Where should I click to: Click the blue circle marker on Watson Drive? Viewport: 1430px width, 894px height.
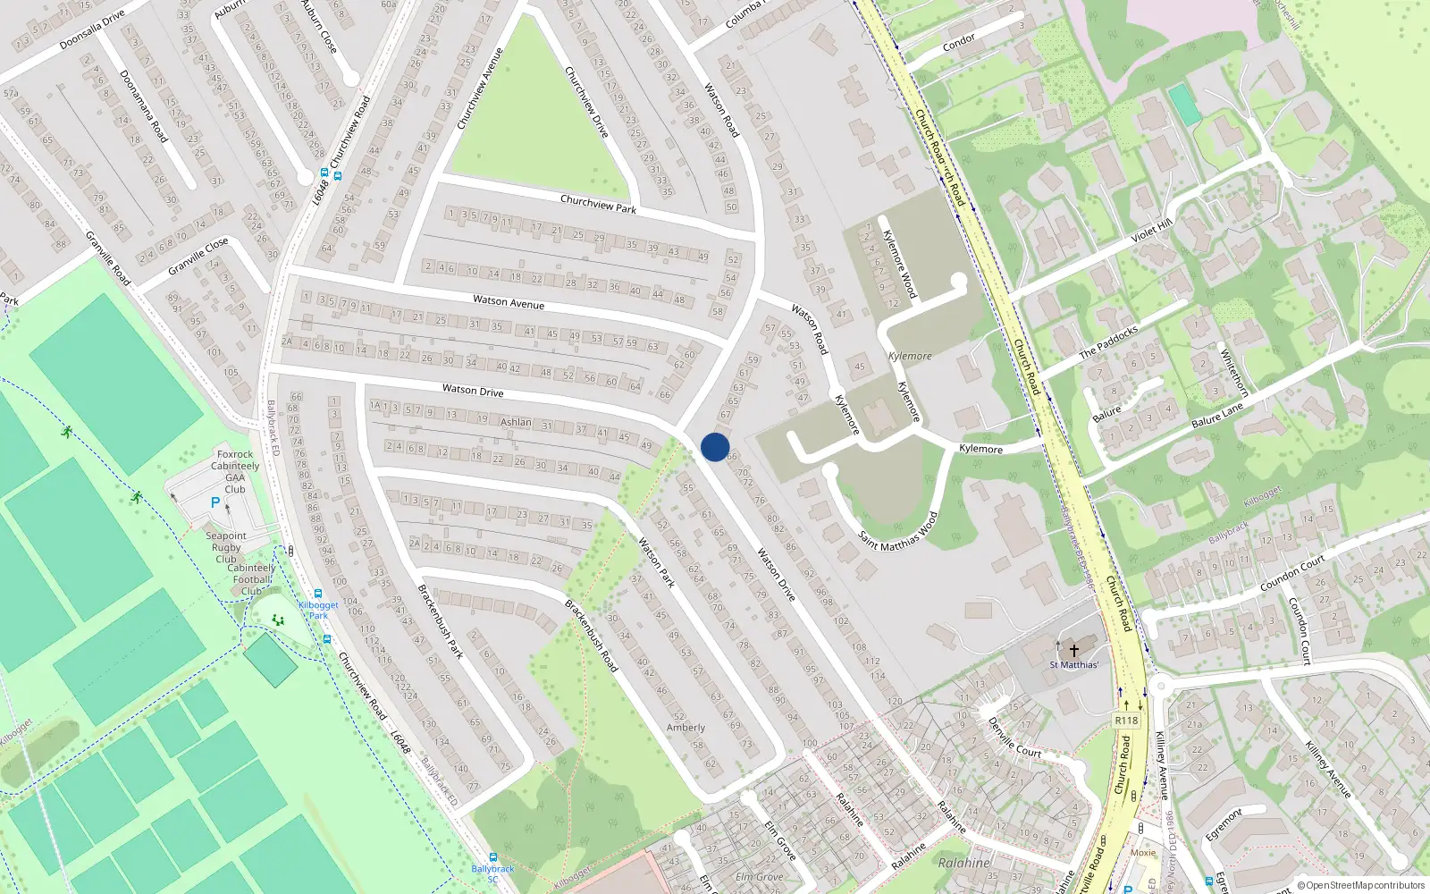(715, 447)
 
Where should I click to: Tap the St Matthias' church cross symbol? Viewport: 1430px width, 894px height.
(1074, 650)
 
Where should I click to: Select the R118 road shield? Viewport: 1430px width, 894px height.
(1126, 721)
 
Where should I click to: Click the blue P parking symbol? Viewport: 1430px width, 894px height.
(214, 503)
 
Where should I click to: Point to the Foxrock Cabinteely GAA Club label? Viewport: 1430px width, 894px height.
(235, 472)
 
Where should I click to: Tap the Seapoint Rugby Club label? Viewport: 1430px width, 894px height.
(226, 547)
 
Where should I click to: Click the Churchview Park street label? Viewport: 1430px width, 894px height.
(598, 204)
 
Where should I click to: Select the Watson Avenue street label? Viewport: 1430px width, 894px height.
(509, 302)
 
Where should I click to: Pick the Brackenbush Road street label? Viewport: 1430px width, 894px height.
(591, 636)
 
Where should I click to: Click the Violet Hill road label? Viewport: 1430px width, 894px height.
(1151, 232)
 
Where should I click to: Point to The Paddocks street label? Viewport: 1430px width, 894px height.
(1108, 342)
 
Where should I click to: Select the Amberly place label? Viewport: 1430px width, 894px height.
(686, 728)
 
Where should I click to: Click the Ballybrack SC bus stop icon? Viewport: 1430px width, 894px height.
(492, 856)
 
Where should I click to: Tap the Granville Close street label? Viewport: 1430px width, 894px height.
(198, 257)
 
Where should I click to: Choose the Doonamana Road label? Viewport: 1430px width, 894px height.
(143, 105)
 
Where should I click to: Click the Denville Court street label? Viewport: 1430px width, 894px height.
(1014, 738)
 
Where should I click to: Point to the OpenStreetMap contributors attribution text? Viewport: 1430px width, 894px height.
(1361, 885)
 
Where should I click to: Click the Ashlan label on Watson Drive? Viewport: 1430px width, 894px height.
(516, 422)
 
